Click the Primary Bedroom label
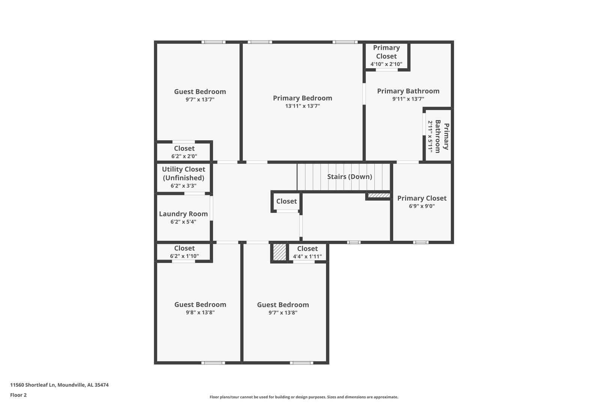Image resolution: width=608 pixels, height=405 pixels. (302, 98)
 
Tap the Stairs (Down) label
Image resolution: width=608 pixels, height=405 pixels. (349, 177)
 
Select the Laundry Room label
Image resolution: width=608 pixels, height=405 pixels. (183, 214)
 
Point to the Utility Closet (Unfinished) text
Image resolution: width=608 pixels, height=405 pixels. (184, 173)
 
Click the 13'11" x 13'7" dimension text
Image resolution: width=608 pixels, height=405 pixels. (302, 106)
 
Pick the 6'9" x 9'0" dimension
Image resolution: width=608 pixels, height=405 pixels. (422, 206)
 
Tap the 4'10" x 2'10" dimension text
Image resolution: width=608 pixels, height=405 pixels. (386, 64)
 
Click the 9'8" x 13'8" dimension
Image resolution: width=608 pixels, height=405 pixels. (200, 312)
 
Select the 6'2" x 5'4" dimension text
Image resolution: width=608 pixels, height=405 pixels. (183, 222)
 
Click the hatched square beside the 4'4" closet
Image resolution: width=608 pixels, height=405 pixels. (279, 252)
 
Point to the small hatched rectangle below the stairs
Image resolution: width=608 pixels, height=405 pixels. (379, 195)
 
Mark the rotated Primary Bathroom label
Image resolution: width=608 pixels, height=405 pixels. (442, 136)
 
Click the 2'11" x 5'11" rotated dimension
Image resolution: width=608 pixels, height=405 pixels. (430, 136)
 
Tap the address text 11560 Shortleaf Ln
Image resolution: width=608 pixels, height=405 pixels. (33, 385)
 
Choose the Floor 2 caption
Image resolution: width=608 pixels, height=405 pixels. (18, 395)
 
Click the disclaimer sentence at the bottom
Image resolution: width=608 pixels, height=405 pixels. (304, 397)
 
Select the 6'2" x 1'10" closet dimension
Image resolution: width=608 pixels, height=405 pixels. (184, 256)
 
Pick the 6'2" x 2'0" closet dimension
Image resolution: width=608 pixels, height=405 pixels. (184, 156)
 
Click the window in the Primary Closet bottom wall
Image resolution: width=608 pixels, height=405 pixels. (421, 242)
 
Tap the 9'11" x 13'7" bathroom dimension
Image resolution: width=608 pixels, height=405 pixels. (408, 99)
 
